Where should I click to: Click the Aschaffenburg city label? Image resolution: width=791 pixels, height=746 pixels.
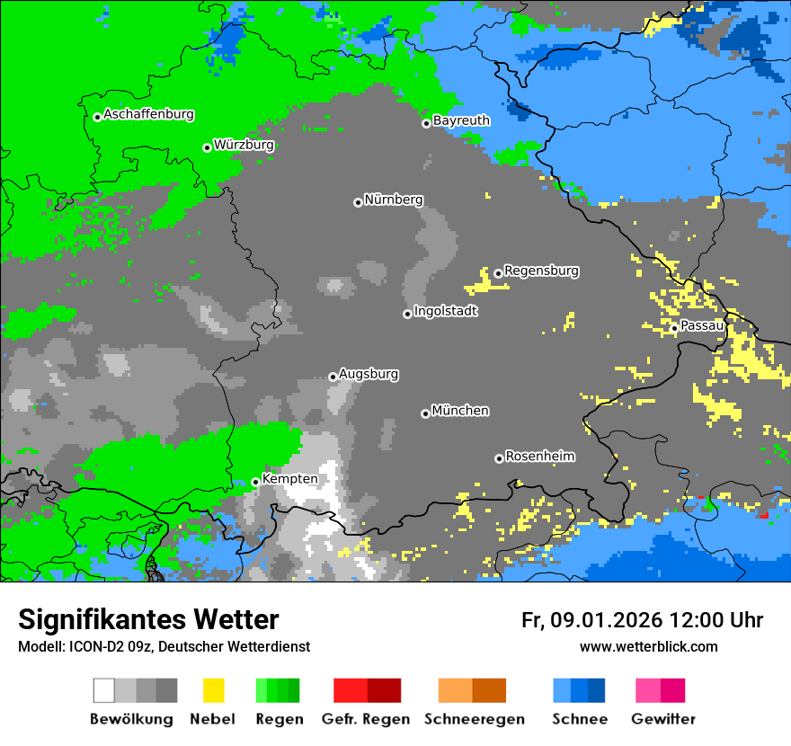coord(148,115)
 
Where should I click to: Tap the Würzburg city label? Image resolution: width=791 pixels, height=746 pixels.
coord(244,146)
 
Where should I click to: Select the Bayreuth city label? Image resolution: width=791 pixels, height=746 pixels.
coord(461,120)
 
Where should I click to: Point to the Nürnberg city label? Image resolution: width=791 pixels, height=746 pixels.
coord(394,200)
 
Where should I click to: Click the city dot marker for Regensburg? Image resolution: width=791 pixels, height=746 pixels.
coord(498,273)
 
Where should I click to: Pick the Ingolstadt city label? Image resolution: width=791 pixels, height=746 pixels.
coord(446,312)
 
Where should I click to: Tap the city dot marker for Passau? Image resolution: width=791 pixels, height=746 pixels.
coord(674,328)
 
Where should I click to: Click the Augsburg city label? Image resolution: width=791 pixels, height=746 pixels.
coord(369,375)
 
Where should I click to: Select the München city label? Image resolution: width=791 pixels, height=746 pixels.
coord(460,411)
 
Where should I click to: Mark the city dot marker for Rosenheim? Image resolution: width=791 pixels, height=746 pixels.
coord(499,458)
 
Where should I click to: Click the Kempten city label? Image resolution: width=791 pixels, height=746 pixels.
coord(289,479)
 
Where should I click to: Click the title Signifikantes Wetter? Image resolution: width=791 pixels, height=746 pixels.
coord(148,620)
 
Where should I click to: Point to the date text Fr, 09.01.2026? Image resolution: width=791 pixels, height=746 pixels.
coord(591,620)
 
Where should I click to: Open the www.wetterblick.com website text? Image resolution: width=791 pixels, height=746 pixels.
coord(648,647)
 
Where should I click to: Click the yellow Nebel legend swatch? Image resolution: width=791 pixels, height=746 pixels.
coord(213,690)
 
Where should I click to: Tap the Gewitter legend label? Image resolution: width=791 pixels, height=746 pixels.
coord(663,719)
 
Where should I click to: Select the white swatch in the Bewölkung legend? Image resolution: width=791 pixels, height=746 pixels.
coord(104,690)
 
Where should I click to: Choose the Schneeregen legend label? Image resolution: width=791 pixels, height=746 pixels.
coord(475,719)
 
